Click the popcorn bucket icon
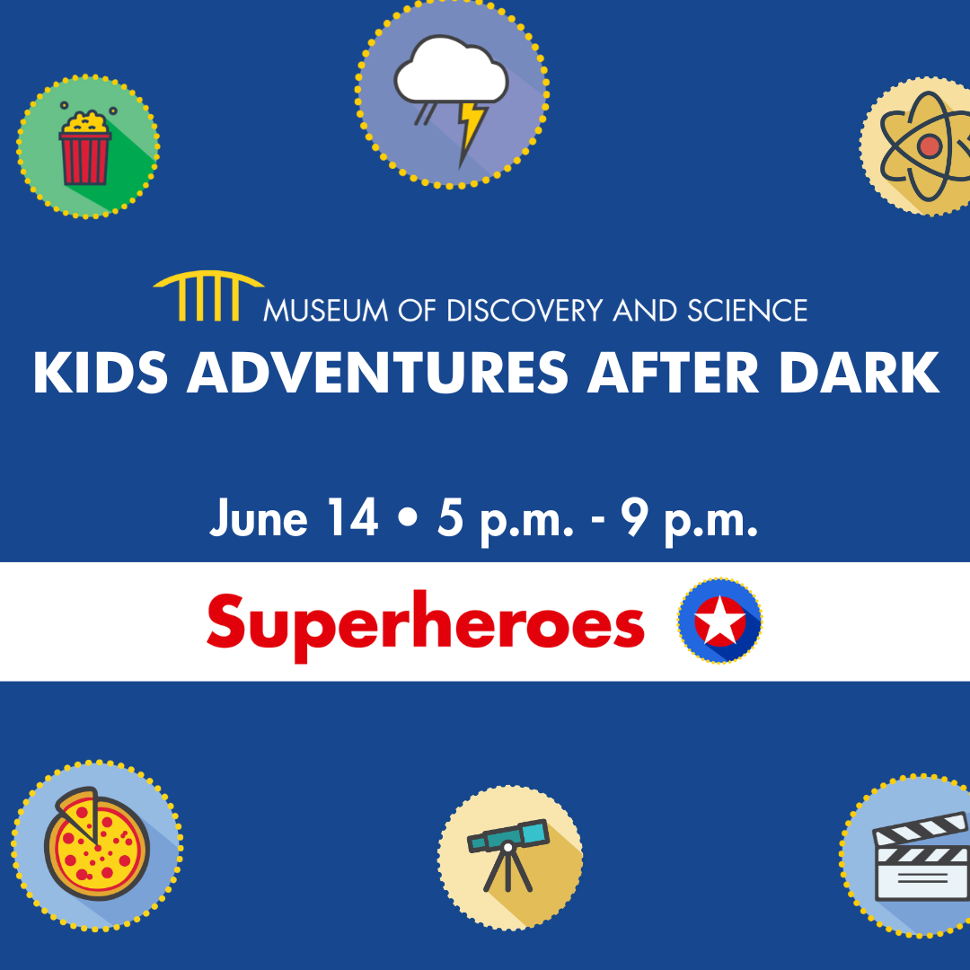tap(84, 147)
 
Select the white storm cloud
tap(451, 69)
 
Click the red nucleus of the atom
tap(930, 146)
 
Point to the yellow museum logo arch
tap(208, 295)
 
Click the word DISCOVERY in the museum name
tap(524, 311)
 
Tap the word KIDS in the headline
tap(101, 373)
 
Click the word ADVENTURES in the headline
tap(377, 373)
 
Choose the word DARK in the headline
tap(860, 373)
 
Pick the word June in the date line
tap(259, 518)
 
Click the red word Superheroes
tap(426, 625)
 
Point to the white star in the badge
tap(720, 621)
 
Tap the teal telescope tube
tap(507, 836)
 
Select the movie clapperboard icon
tap(921, 857)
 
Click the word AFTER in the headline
tap(673, 373)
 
